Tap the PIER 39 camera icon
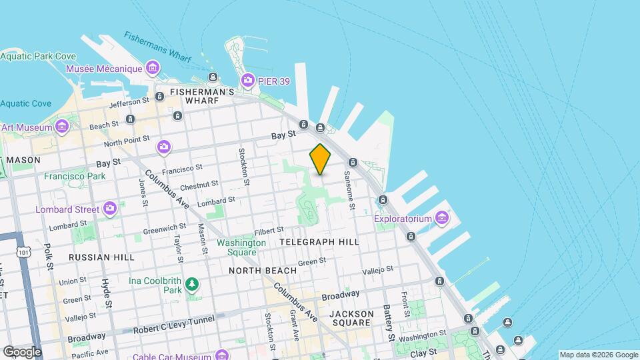[x=247, y=81]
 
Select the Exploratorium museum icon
[x=441, y=217]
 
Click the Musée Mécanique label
[x=104, y=69]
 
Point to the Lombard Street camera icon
[x=110, y=209]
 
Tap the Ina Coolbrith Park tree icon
[x=192, y=285]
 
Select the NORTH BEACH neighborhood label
[x=262, y=271]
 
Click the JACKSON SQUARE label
[x=349, y=317]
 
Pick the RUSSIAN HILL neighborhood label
[x=101, y=257]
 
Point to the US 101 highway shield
[x=24, y=252]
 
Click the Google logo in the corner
[x=21, y=351]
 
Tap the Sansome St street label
[x=349, y=189]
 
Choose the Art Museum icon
[x=62, y=126]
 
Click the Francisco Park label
[x=75, y=176]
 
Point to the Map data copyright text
[x=598, y=355]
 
